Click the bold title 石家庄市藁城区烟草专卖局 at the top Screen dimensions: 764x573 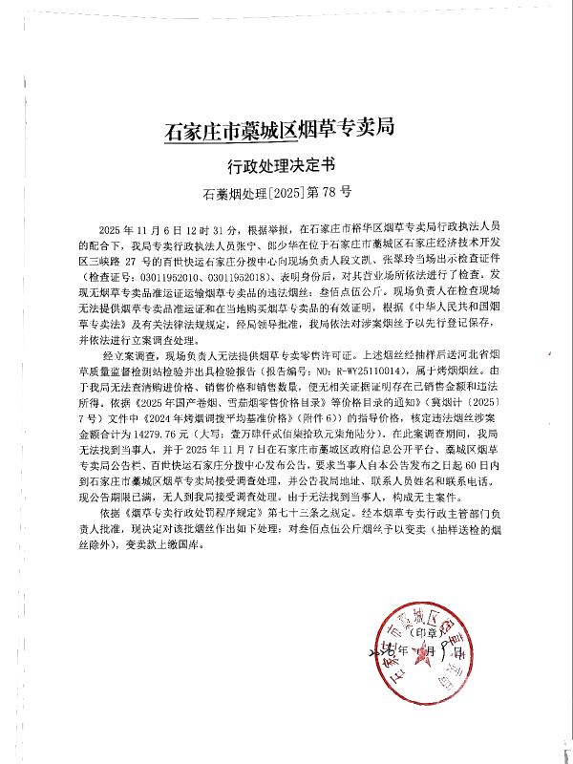click(x=280, y=128)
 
